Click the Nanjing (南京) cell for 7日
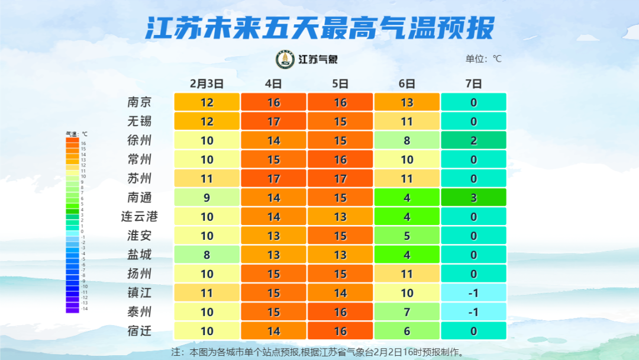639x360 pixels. tap(473, 102)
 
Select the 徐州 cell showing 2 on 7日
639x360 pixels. tap(473, 140)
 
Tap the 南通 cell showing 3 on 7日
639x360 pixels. tap(473, 198)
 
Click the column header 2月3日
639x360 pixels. tap(206, 83)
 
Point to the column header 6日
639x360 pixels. tap(406, 83)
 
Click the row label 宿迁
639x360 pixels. tap(140, 331)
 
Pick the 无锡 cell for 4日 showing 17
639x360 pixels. tap(273, 121)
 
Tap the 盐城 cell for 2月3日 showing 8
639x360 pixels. tap(206, 255)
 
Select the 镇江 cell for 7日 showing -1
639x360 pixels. tap(473, 293)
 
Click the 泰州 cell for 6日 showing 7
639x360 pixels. tap(406, 312)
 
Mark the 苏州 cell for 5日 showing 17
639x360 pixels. tap(340, 179)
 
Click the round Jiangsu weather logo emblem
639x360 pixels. tap(286, 59)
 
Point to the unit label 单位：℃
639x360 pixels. tap(483, 59)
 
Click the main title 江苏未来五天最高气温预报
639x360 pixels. tap(319, 28)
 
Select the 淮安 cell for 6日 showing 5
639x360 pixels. tap(406, 236)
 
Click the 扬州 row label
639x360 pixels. tap(140, 274)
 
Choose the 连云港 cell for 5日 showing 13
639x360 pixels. tap(340, 217)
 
